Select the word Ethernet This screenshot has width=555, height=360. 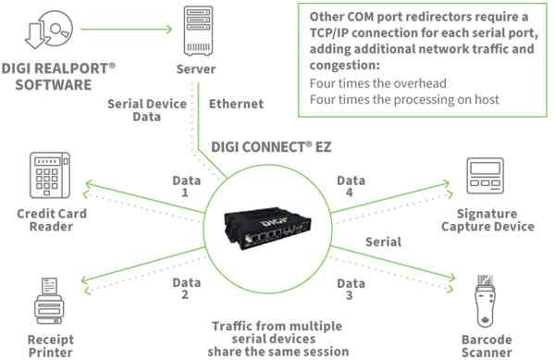point(236,105)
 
